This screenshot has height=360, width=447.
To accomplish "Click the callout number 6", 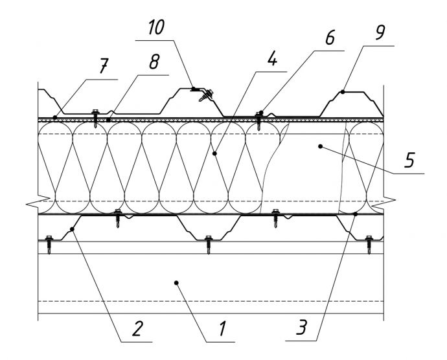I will (330, 38).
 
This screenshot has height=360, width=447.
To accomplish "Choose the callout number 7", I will (104, 67).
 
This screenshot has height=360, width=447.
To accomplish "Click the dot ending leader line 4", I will (214, 153).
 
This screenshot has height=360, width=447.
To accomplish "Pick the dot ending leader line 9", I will (343, 92).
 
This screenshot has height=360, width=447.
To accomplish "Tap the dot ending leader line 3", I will (356, 214).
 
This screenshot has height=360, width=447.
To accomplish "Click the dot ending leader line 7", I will (56, 118).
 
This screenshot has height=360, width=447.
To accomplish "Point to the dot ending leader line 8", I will (108, 120).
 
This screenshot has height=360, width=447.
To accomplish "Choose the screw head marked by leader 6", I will (260, 114).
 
